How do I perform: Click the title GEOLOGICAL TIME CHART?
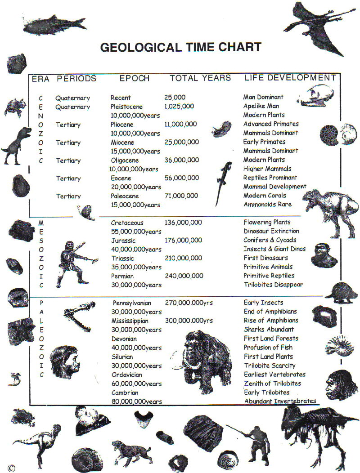click(180, 47)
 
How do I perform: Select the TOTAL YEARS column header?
click(200, 78)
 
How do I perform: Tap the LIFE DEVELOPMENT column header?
click(290, 78)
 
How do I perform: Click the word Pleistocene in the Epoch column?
click(126, 107)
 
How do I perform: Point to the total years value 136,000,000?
click(183, 222)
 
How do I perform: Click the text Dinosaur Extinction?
click(271, 231)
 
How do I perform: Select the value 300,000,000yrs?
click(189, 321)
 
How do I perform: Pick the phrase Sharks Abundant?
click(269, 330)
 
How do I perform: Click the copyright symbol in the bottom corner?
click(11, 468)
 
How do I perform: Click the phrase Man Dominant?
click(263, 97)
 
